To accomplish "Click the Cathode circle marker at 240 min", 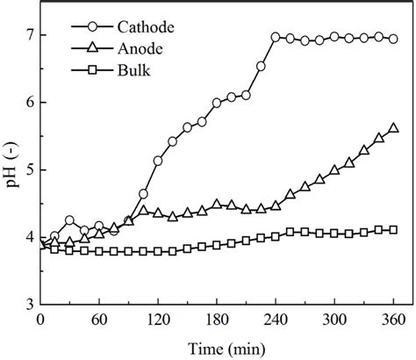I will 276,37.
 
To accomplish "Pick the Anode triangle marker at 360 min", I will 393,127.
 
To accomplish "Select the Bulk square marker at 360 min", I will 393,229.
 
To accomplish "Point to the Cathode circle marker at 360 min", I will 393,39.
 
